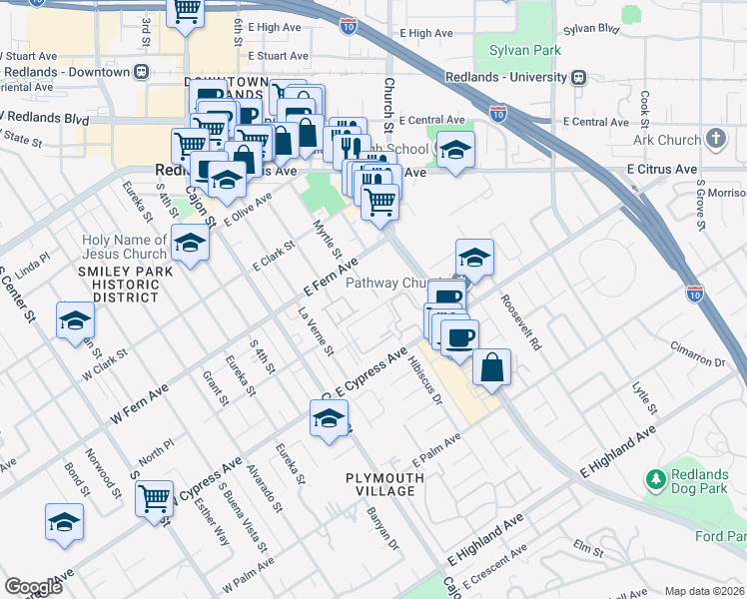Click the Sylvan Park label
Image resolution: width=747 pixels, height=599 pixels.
tap(525, 50)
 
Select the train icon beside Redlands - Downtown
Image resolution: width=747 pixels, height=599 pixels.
tap(143, 72)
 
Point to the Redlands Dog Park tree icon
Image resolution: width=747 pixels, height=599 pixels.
tap(656, 481)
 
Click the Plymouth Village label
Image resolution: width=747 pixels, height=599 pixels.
tap(385, 485)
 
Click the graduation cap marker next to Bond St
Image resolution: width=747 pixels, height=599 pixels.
tap(64, 521)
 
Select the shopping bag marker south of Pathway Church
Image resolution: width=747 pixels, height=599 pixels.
tap(491, 366)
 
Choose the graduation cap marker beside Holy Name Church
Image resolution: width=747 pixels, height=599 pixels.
tap(190, 242)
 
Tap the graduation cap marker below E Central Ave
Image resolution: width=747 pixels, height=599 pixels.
tap(455, 150)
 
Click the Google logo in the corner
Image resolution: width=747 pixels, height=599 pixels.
tap(33, 587)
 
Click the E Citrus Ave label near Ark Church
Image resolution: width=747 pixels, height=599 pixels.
tap(661, 170)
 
